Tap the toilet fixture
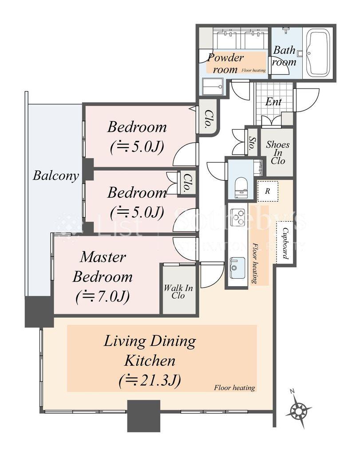pos(241,188)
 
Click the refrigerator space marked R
pos(268,191)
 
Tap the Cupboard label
pos(285,243)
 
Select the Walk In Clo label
pos(178,291)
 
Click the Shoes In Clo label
pos(278,153)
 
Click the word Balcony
pos(55,176)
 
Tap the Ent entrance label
pos(273,102)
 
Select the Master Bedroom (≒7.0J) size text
pos(103,296)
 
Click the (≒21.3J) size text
pos(150,380)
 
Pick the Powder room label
pos(225,63)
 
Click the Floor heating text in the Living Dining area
pos(234,387)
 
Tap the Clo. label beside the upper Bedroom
pos(208,119)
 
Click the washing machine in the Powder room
pos(213,87)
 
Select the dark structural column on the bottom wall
pos(144,416)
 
